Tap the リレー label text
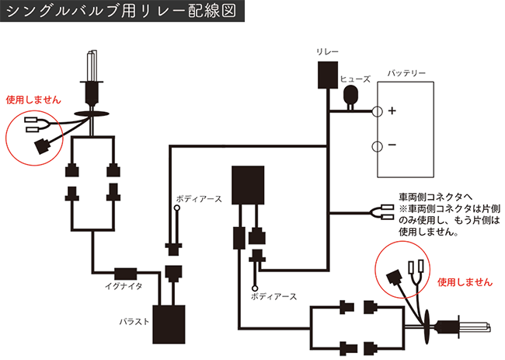coord(327,51)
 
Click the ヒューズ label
coord(356,79)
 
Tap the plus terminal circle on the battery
coord(377,111)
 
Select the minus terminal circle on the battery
coord(377,146)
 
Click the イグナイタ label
coord(123,286)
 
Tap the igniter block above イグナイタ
coord(125,273)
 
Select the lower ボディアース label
coord(273,296)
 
